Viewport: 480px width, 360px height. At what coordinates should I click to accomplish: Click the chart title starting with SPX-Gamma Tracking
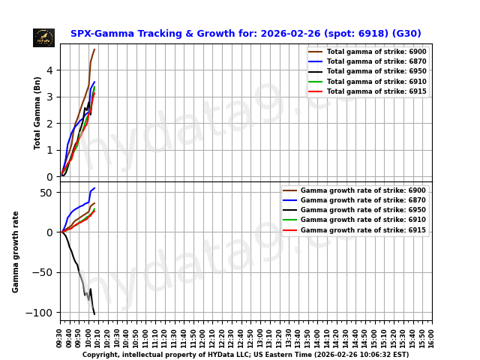point(245,34)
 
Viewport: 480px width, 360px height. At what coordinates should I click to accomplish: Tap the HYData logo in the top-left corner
point(43,37)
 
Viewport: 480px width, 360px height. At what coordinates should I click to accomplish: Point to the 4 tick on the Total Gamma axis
point(50,70)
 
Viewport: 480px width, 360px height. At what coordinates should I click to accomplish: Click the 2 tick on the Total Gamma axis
point(50,124)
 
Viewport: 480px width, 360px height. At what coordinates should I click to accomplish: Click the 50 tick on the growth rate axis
point(47,193)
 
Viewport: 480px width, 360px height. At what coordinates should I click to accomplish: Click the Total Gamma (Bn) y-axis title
point(37,112)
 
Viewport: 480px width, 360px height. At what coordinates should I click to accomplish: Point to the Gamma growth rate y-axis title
point(16,251)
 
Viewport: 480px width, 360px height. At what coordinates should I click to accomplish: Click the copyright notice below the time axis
point(245,355)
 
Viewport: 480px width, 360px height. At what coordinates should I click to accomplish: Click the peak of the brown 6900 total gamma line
point(94,49)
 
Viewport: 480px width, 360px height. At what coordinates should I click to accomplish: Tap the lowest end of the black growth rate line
point(94,313)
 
